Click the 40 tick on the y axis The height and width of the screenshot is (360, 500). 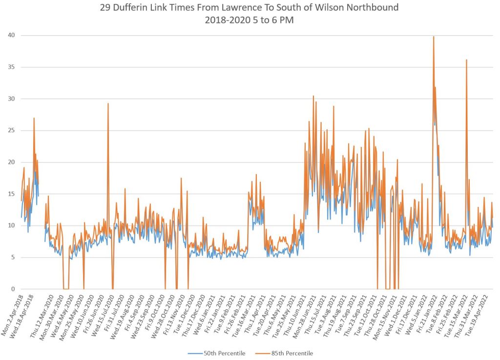pos(11,35)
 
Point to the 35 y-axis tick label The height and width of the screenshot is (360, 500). pos(11,67)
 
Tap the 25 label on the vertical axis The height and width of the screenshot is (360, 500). pos(11,130)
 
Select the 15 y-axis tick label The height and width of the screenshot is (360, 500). pos(11,194)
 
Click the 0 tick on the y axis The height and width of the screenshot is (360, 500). pos(13,289)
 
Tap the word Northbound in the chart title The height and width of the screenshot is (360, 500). pos(372,8)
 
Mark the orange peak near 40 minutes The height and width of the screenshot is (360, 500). pos(434,37)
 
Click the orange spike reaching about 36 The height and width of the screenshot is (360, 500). pos(466,60)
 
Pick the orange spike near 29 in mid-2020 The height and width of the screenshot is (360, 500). pos(108,104)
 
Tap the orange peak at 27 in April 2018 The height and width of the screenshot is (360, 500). pos(34,118)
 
